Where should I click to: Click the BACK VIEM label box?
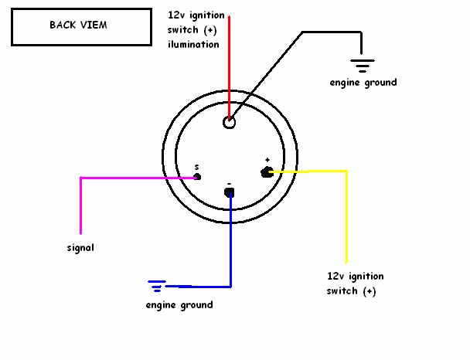pyautogui.click(x=79, y=25)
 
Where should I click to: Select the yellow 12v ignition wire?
pyautogui.click(x=346, y=216)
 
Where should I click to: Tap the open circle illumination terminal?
pyautogui.click(x=229, y=122)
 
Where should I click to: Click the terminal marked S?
pyautogui.click(x=197, y=177)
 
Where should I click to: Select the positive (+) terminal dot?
pyautogui.click(x=267, y=172)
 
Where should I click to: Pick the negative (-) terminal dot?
pyautogui.click(x=230, y=192)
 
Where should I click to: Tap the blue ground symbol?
pyautogui.click(x=158, y=286)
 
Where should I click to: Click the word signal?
pyautogui.click(x=80, y=248)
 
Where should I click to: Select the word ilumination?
pyautogui.click(x=193, y=44)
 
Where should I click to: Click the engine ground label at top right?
pyautogui.click(x=363, y=82)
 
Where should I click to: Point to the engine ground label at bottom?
pyautogui.click(x=179, y=304)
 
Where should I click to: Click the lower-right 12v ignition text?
pyautogui.click(x=355, y=276)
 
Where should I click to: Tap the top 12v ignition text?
pyautogui.click(x=197, y=15)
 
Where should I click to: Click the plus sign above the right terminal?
pyautogui.click(x=267, y=159)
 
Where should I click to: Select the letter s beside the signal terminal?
pyautogui.click(x=196, y=166)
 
